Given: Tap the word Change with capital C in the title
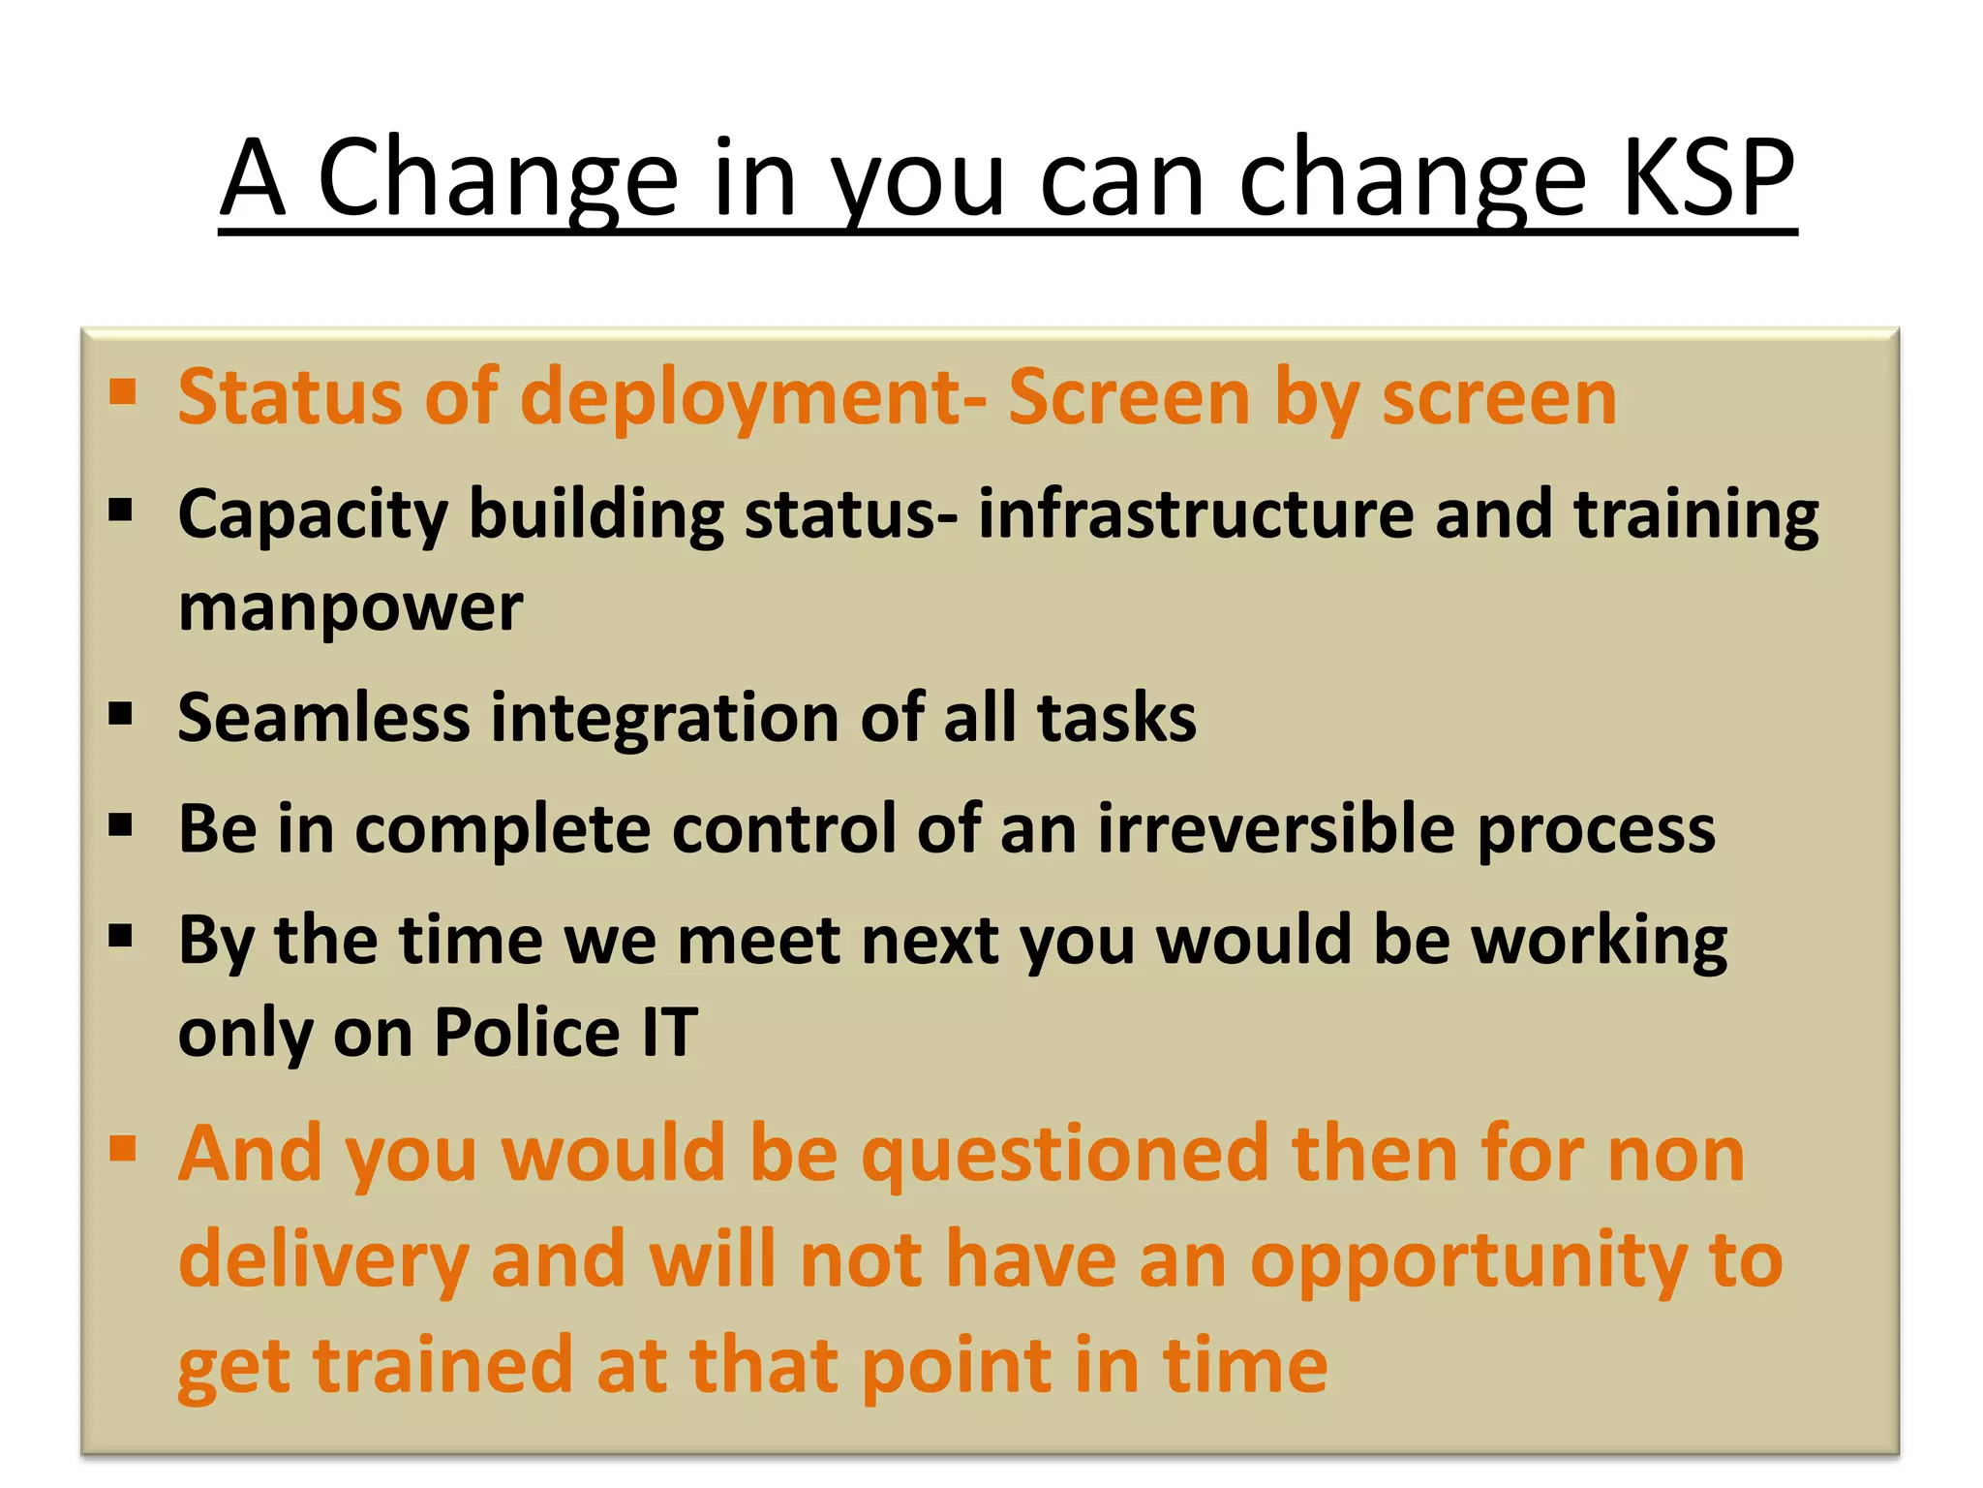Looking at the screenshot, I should coord(498,178).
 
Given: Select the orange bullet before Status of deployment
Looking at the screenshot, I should coord(122,392).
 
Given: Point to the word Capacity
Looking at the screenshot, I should coord(313,514).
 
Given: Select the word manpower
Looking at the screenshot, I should coord(351,608).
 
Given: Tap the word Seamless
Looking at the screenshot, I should coord(323,718).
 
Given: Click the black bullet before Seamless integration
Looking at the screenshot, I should coord(121,715).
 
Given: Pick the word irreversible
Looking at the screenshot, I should coord(1275,829).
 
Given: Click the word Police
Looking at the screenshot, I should coord(527,1032).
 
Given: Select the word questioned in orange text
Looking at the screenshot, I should coord(1064,1154).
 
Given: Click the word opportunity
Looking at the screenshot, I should coord(1468,1261).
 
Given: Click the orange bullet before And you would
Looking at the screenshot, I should coord(122,1149).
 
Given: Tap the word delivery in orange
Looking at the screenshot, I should coord(323,1261).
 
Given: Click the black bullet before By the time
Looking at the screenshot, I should coord(121,936).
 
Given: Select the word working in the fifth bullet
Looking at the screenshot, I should coord(1599,941).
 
